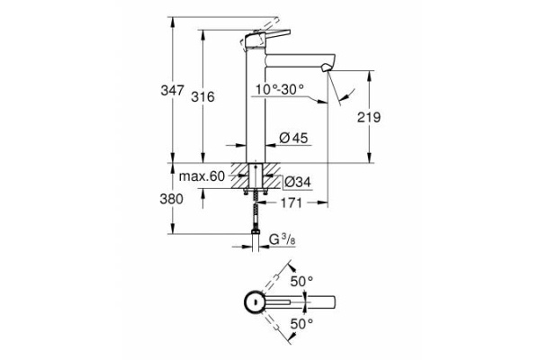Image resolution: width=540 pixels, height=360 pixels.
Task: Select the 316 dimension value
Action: [x=208, y=98]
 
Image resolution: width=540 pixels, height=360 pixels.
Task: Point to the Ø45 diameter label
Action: [x=294, y=138]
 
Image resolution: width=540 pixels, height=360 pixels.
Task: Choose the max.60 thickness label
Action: [x=201, y=177]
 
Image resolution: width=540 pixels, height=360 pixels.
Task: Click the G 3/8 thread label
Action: [x=284, y=239]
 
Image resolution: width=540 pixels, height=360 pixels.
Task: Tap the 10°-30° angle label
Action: [x=279, y=89]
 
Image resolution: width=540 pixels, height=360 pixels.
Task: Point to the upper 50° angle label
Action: [x=301, y=281]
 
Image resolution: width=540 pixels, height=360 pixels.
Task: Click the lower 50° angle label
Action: [x=301, y=322]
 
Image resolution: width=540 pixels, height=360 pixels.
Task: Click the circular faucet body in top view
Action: [x=256, y=301]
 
